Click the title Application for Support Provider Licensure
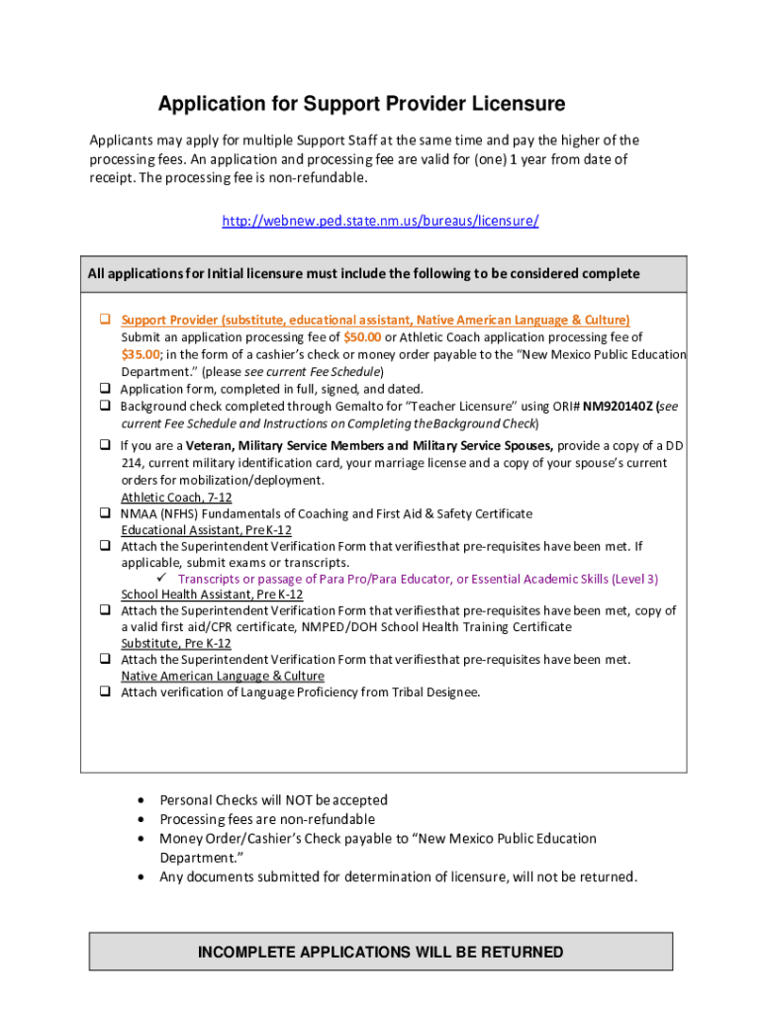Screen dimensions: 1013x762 click(x=362, y=104)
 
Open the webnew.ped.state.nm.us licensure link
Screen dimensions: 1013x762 click(x=380, y=221)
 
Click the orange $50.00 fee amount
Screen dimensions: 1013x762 click(x=362, y=337)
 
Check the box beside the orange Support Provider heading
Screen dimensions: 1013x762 click(x=104, y=320)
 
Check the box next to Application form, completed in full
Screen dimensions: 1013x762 click(x=104, y=389)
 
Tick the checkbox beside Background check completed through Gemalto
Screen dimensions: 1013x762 click(x=104, y=406)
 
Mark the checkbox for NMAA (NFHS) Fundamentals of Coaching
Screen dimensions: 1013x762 click(x=104, y=513)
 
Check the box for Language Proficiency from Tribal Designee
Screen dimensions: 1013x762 click(x=104, y=692)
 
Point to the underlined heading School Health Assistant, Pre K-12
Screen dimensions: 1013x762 click(x=212, y=595)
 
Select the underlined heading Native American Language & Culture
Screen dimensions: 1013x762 click(x=223, y=676)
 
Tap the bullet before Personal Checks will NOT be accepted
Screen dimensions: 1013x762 click(x=144, y=800)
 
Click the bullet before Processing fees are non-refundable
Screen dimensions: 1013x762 click(x=144, y=820)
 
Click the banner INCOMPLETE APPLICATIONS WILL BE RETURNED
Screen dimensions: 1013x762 click(x=380, y=953)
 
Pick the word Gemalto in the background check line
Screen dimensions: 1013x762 click(x=376, y=406)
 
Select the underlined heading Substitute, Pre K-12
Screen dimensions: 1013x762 click(x=176, y=643)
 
